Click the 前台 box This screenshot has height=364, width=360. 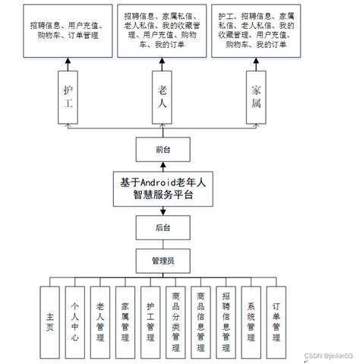tap(159, 150)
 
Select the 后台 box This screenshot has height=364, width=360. tap(159, 227)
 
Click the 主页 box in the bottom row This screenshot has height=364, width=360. tap(50, 321)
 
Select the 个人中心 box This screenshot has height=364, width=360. tap(75, 321)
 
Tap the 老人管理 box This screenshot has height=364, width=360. tap(100, 321)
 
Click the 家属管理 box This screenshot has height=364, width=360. tap(125, 321)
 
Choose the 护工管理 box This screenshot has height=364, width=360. tap(150, 321)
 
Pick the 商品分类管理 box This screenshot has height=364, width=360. tap(175, 321)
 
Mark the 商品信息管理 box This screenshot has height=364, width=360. tap(201, 321)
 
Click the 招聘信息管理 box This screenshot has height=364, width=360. tap(226, 321)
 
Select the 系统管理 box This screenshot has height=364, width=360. tap(251, 321)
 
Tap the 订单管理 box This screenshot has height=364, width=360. tap(276, 321)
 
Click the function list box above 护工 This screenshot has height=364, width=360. tap(68, 31)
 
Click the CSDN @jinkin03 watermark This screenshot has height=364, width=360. tap(328, 355)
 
